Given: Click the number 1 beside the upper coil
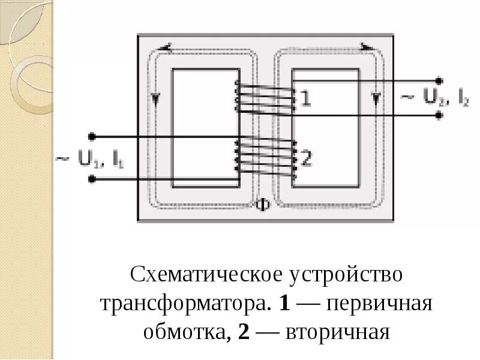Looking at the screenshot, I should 305,98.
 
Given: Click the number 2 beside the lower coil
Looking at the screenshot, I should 305,158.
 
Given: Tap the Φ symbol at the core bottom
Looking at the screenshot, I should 263,205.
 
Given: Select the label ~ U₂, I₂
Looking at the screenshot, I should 435,98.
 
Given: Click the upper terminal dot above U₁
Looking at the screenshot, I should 92,136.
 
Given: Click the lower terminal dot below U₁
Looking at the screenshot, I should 92,179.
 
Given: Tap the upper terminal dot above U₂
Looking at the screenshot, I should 439,80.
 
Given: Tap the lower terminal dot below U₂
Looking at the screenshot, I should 439,115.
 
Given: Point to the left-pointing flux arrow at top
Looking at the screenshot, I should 167,46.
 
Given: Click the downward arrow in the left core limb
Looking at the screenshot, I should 157,98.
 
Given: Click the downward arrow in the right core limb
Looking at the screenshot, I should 376,98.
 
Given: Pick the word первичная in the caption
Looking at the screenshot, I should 379,303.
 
